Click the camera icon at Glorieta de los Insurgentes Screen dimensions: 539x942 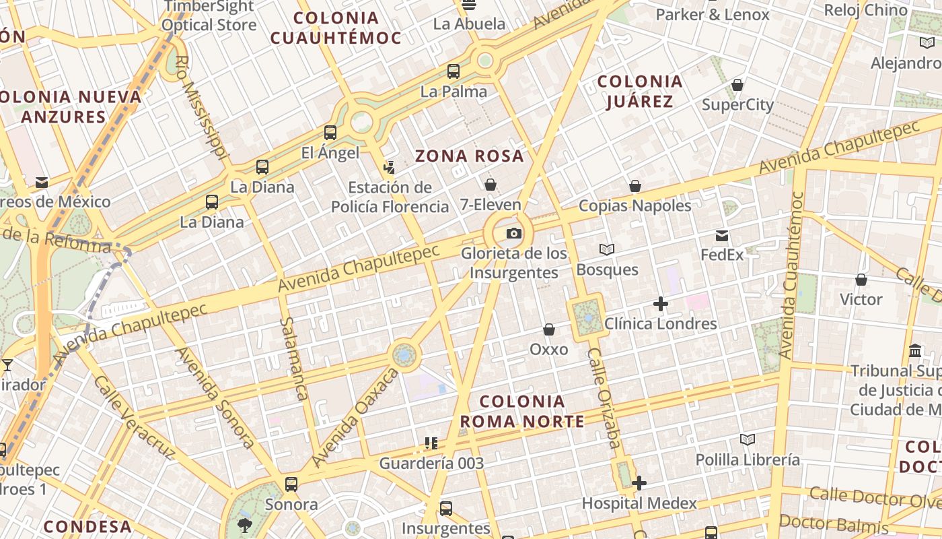(514, 233)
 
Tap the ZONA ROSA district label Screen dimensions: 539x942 (469, 156)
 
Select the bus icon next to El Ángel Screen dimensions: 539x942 (330, 133)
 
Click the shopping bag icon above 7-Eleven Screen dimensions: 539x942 (491, 185)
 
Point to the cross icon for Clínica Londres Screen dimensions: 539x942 (661, 304)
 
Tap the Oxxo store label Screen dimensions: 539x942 (548, 350)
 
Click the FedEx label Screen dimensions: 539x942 (722, 255)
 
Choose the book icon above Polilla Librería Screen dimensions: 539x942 (747, 440)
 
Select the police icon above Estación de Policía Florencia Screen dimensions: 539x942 (389, 167)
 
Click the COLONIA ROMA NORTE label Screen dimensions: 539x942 (521, 412)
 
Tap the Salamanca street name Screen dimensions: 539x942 (294, 358)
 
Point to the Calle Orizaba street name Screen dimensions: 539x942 (604, 398)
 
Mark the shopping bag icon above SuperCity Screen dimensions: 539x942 (737, 86)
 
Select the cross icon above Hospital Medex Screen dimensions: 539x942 (639, 483)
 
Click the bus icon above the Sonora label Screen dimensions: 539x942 (291, 484)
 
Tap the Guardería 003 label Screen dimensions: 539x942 (431, 464)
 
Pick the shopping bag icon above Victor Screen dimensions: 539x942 (861, 280)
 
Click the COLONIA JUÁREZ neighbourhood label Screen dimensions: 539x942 (640, 92)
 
